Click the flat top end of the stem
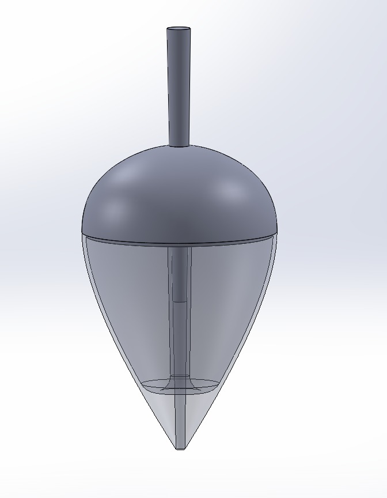[x=179, y=29]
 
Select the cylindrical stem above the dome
[x=179, y=86]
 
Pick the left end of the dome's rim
[x=84, y=232]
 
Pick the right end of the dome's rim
[x=276, y=232]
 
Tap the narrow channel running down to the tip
[x=180, y=421]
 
